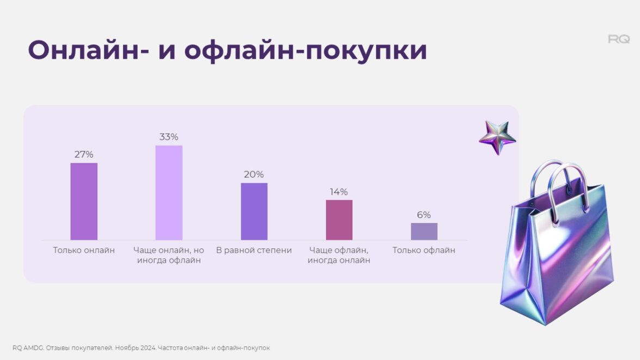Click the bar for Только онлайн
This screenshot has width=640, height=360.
(x=84, y=201)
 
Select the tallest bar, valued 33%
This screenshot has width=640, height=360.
(x=169, y=193)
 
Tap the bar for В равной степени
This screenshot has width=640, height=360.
(x=254, y=211)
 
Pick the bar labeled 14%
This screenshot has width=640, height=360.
(x=339, y=220)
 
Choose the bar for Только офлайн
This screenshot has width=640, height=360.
(x=424, y=231)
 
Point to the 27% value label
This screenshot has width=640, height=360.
(x=84, y=154)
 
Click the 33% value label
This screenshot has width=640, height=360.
(x=169, y=137)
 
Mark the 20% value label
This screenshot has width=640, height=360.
(x=254, y=175)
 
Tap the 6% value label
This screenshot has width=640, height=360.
(x=424, y=215)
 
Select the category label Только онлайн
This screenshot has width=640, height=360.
(x=84, y=251)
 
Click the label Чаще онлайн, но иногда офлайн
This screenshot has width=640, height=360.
(x=169, y=256)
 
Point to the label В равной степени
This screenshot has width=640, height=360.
(x=254, y=251)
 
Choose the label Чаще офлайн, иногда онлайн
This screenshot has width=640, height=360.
(x=339, y=256)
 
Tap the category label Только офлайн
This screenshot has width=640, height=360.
(x=424, y=251)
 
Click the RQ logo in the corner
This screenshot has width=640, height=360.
(x=619, y=39)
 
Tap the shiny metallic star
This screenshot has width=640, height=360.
(x=497, y=138)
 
